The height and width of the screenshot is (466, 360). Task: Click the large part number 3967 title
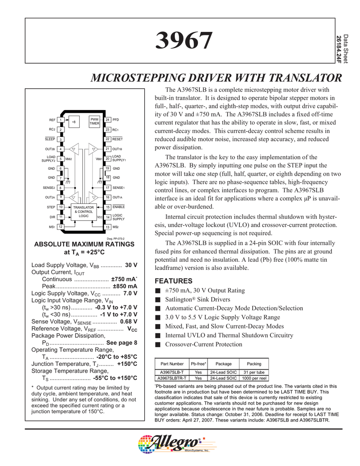(x=184, y=41)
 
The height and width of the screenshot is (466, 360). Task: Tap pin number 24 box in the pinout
(x=107, y=120)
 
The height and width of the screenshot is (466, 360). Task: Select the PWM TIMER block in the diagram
(x=94, y=121)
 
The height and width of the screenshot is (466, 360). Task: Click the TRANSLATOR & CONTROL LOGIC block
(x=83, y=212)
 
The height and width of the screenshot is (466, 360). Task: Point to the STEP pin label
(x=51, y=207)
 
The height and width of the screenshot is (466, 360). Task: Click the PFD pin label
(x=116, y=120)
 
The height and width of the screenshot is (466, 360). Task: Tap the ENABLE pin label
(x=118, y=207)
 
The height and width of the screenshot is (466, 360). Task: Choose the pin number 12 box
(x=61, y=227)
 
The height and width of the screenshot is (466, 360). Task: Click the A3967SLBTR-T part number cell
(x=172, y=378)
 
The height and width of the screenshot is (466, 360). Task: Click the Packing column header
(x=254, y=364)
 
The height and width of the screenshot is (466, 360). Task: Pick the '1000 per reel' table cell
(x=254, y=378)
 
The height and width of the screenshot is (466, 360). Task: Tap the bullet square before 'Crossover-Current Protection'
(x=158, y=344)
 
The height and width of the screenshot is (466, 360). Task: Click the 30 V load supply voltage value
(x=131, y=265)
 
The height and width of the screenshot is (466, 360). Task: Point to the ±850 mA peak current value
(x=125, y=286)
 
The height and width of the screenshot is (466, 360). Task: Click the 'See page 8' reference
(x=122, y=343)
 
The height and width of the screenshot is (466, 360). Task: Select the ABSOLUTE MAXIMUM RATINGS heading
(x=85, y=244)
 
